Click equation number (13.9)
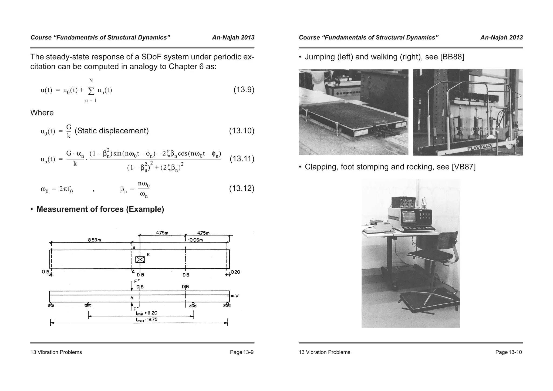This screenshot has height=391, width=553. [244, 90]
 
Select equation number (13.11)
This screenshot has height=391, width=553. [242, 159]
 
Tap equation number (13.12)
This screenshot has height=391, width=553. [242, 188]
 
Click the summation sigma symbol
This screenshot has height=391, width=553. [91, 91]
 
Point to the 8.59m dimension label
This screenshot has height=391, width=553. [95, 240]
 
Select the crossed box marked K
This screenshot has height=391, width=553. [140, 259]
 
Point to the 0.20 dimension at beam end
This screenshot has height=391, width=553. [235, 272]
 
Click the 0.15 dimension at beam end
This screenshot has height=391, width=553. [45, 272]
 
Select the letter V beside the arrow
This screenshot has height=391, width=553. [237, 296]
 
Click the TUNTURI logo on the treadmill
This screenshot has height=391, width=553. [478, 148]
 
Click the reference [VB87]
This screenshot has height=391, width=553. [463, 167]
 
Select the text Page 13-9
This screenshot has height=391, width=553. [241, 352]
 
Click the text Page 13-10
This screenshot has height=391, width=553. [508, 352]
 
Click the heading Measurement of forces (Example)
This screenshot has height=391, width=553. [100, 209]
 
